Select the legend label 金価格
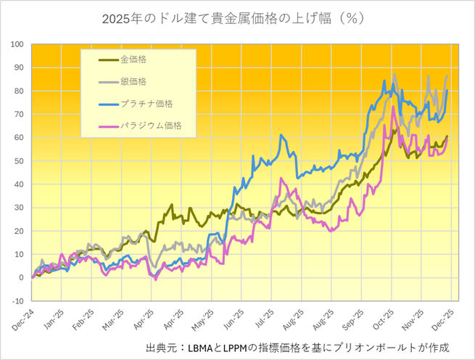click(x=133, y=60)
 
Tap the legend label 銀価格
click(x=133, y=82)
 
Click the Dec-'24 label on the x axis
click(x=22, y=320)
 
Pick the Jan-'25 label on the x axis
click(x=51, y=320)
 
